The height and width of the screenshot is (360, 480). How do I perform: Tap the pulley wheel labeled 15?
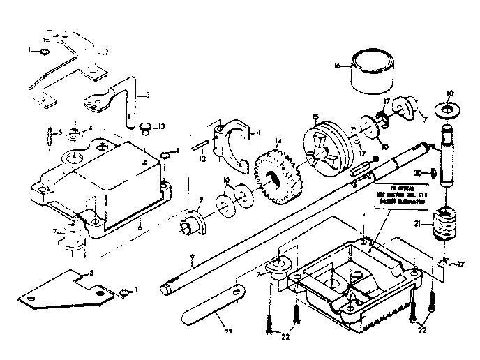(327, 148)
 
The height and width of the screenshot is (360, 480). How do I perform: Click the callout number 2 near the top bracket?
(107, 52)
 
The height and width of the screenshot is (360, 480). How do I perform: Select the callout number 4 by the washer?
(90, 128)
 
